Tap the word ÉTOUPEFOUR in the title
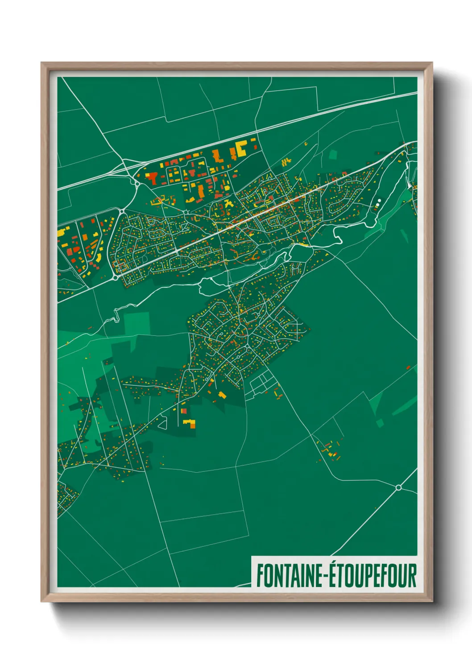click(x=373, y=576)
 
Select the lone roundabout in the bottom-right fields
click(x=398, y=487)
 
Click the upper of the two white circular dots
click(x=379, y=201)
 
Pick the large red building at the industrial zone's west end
click(x=152, y=178)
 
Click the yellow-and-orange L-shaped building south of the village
click(x=190, y=423)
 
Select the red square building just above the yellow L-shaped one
click(x=183, y=411)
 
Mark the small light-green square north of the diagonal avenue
click(x=333, y=155)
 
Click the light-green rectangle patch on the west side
click(x=137, y=323)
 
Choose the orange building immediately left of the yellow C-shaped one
click(x=218, y=156)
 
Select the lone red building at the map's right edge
click(x=408, y=367)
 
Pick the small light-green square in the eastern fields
click(x=380, y=422)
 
